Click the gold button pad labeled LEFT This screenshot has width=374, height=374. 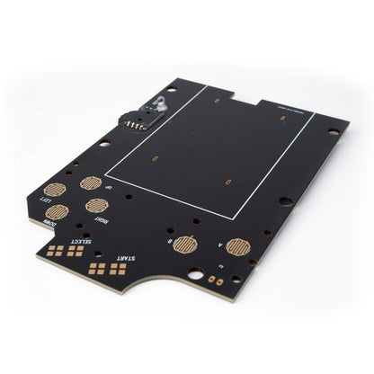pyautogui.click(x=55, y=190)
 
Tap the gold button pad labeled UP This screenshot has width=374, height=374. pyautogui.click(x=91, y=183)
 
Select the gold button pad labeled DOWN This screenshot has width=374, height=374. pyautogui.click(x=57, y=212)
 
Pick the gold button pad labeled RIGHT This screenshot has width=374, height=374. pyautogui.click(x=97, y=205)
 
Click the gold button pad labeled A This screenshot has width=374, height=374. pyautogui.click(x=238, y=246)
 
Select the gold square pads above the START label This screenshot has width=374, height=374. pyautogui.click(x=107, y=267)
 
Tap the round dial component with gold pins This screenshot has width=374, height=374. pyautogui.click(x=134, y=118)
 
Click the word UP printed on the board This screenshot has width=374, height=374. pyautogui.click(x=109, y=186)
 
